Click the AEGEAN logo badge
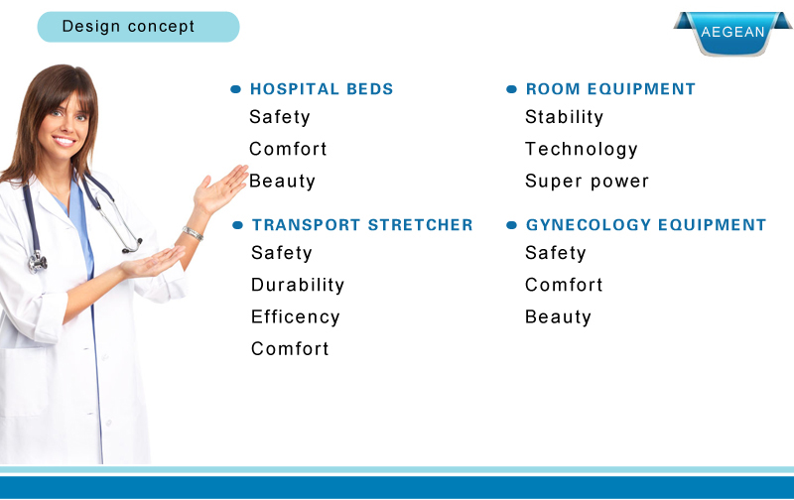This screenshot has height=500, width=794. tap(732, 33)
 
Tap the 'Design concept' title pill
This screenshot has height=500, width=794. tap(138, 27)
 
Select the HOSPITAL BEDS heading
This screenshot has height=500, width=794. tap(322, 89)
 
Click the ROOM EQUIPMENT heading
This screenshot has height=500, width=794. tap(610, 89)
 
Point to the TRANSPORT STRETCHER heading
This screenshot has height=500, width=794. tap(362, 224)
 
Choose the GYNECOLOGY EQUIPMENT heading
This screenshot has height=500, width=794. tap(646, 224)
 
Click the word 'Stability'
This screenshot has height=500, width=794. tap(564, 117)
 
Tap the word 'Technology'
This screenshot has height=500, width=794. tap(582, 149)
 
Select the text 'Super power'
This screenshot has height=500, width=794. tap(587, 182)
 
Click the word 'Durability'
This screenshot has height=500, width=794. tap(298, 285)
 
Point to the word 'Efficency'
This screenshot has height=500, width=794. tap(295, 317)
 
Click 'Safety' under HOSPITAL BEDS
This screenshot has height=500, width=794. tap(280, 117)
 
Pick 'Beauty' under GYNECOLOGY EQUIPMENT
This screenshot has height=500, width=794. tap(558, 317)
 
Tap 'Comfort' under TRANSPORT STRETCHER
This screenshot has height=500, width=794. tap(290, 348)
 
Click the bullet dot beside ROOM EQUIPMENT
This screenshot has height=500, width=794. tap(511, 89)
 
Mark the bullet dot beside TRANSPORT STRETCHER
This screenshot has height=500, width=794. tap(237, 225)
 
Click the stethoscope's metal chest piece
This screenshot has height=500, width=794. tap(37, 262)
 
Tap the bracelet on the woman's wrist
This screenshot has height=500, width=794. tap(193, 233)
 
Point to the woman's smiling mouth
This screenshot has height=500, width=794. tap(65, 141)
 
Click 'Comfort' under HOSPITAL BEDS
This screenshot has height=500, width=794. tap(288, 149)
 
